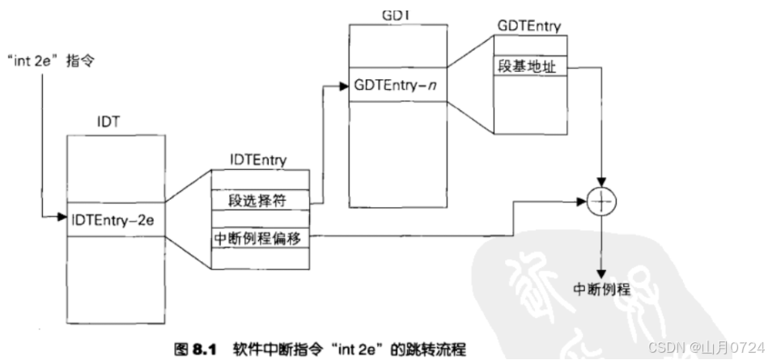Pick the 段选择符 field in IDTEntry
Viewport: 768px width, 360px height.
pos(245,197)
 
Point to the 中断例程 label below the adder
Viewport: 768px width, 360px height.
pos(601,289)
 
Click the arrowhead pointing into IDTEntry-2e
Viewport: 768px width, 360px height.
pos(62,218)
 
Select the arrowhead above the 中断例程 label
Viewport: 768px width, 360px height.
pos(601,273)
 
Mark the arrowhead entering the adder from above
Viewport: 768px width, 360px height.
pos(601,181)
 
